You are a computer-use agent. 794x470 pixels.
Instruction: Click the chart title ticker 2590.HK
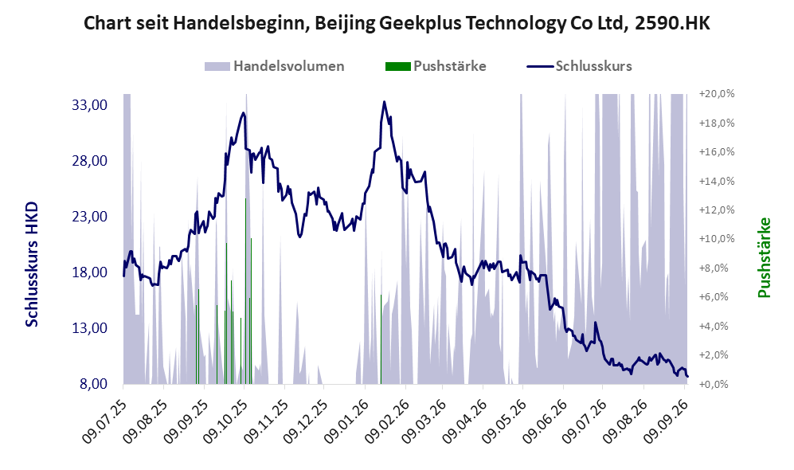672,23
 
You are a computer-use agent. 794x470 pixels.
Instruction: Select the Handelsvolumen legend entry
275,66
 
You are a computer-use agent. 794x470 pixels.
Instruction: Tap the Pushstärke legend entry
436,66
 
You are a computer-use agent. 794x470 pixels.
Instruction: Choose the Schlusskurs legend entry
579,66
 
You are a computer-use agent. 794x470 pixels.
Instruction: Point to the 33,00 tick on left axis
90,105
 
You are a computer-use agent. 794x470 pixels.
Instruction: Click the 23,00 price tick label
90,216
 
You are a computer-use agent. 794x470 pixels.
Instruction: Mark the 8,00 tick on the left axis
94,383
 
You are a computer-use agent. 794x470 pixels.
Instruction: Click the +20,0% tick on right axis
717,94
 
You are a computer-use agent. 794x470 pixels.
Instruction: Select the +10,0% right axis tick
717,238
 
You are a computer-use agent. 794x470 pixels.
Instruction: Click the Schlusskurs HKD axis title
32,264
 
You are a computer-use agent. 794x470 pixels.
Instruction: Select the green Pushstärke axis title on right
764,257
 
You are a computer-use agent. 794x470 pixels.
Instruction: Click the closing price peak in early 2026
385,102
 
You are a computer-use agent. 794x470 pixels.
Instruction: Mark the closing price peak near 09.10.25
244,113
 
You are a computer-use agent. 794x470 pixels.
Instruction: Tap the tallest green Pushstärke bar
245,291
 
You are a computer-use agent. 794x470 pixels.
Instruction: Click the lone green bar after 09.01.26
381,339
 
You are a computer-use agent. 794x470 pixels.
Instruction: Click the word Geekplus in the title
422,23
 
